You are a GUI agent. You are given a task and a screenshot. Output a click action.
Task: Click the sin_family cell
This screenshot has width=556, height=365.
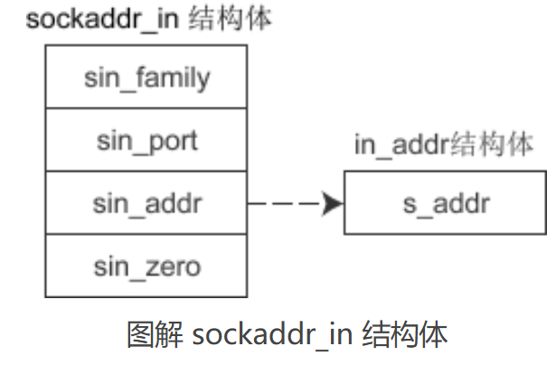pos(146,77)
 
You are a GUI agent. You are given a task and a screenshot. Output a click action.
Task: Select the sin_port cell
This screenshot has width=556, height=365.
pos(146,140)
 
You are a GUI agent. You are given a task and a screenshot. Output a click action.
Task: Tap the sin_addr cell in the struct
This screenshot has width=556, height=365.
pos(146,203)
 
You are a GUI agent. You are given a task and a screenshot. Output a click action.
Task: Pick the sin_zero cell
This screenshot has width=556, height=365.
pos(146,267)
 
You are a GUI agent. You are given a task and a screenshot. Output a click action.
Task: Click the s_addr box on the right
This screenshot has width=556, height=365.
pos(445,203)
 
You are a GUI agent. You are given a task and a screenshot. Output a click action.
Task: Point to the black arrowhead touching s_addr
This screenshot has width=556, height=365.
pos(333,203)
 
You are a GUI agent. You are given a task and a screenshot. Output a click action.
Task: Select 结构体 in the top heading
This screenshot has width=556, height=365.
pos(229,19)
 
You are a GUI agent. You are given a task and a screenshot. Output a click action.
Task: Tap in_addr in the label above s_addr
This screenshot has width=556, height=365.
pos(401,145)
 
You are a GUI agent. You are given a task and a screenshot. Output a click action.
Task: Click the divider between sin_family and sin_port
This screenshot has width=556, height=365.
pos(146,108)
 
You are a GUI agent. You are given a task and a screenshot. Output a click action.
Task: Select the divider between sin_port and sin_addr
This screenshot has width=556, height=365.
pos(146,172)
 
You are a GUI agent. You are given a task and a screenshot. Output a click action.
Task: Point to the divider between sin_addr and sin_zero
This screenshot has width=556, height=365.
pos(146,235)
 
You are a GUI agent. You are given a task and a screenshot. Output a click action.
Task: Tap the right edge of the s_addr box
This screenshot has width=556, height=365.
pos(545,203)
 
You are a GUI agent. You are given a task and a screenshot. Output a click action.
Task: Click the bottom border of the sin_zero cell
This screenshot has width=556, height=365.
pos(146,296)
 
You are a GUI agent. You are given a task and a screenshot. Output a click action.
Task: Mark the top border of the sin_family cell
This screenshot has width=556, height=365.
pos(146,45)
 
